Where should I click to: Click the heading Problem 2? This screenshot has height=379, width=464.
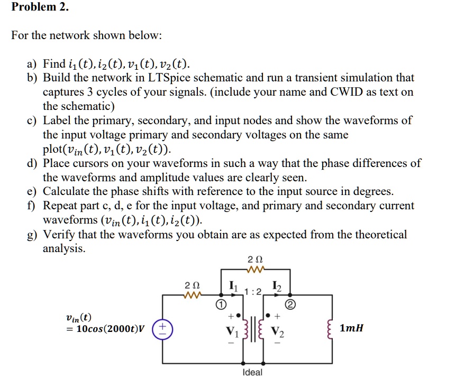40,7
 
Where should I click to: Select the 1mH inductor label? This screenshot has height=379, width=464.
351,329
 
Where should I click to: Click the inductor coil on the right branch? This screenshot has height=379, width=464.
332,329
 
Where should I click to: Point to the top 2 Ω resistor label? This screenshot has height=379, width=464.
252,260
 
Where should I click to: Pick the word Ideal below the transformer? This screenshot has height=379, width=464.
252,373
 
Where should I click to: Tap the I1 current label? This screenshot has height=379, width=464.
232,287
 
